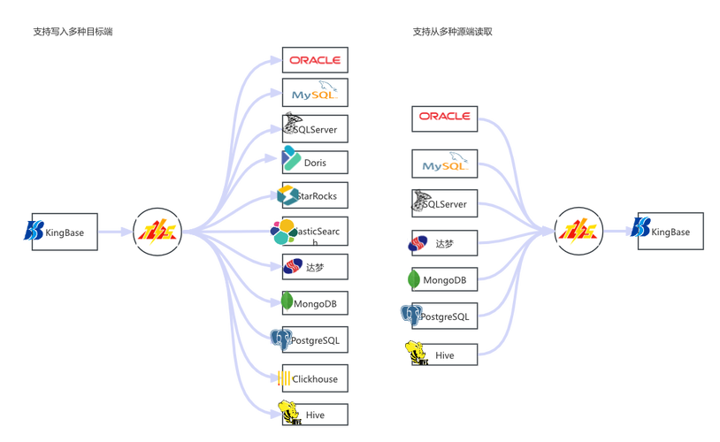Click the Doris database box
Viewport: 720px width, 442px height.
coord(315,163)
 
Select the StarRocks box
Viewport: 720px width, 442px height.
coord(315,194)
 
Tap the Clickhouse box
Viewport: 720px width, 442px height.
coord(315,379)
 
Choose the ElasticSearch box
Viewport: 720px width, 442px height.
coord(315,232)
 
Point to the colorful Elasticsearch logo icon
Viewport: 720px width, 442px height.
coord(283,232)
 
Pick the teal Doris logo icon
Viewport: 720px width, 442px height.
coord(289,159)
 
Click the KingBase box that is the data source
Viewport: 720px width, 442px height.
coord(64,231)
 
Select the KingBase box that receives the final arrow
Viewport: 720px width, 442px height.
coord(670,231)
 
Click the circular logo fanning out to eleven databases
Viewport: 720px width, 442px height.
coord(157,232)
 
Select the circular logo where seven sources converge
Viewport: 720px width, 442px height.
coord(578,232)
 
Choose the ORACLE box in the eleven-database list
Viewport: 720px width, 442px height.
coord(315,60)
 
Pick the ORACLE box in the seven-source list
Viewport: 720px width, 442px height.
coord(445,117)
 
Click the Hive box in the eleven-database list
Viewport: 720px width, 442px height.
coord(315,413)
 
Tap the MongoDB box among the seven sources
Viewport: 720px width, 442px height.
coord(445,280)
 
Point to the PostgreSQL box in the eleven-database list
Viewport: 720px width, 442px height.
coord(315,339)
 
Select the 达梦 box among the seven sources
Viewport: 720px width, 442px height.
coord(445,242)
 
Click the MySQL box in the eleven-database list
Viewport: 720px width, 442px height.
coord(315,92)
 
